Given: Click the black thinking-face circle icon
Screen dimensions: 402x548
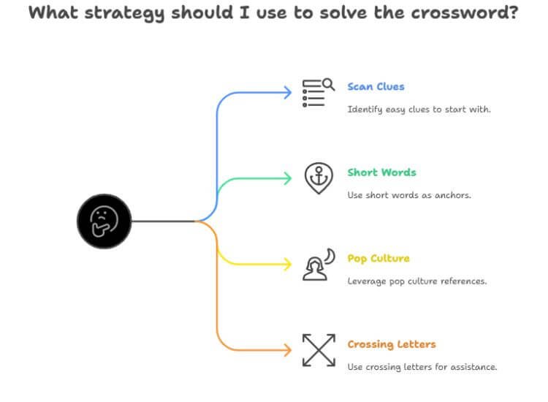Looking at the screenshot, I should click(104, 220).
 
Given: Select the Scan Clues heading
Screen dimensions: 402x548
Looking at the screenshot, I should click(376, 86).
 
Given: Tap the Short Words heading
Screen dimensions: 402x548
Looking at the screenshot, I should click(381, 172).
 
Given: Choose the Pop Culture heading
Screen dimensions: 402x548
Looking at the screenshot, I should click(378, 258).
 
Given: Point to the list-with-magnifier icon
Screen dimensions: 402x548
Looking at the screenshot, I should click(317, 92).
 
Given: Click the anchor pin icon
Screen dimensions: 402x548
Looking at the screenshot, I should click(318, 178).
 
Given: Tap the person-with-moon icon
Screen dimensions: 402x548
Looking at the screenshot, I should click(318, 264).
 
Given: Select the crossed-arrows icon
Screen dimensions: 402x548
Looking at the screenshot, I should click(317, 349).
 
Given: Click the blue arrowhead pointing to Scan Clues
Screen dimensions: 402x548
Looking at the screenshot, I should click(288, 91).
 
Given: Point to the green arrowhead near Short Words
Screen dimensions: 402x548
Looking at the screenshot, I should click(288, 178).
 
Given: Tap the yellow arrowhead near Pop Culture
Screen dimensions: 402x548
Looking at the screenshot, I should click(288, 263).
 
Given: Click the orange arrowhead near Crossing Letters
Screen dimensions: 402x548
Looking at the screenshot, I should click(288, 349).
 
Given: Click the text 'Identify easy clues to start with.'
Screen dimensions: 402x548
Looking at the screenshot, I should click(419, 110).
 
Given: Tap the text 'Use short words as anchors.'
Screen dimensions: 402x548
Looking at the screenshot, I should click(409, 195).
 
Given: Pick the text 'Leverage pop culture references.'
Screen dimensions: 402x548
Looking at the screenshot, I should click(416, 281).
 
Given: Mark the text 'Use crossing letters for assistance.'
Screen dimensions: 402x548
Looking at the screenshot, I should click(422, 367).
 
